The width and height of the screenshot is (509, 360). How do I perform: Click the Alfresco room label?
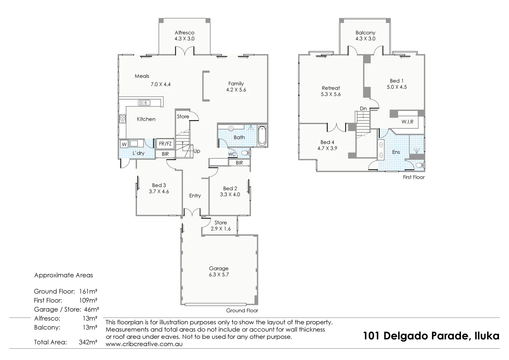(x=184, y=33)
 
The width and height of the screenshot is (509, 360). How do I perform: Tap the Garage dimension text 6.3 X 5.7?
(x=219, y=275)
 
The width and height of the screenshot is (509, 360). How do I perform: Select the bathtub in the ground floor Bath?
(x=262, y=135)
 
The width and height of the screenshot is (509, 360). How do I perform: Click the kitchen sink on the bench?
(x=144, y=103)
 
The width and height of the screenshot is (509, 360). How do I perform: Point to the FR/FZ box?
(x=165, y=144)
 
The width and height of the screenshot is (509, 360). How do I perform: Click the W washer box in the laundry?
(x=124, y=144)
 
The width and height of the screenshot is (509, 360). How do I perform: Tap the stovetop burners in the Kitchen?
(x=122, y=118)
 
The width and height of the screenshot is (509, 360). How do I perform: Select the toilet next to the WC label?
(x=246, y=153)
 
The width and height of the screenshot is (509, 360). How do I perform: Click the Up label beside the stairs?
(x=197, y=151)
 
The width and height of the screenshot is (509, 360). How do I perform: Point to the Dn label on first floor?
(x=363, y=108)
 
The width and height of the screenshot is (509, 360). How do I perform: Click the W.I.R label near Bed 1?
(x=407, y=122)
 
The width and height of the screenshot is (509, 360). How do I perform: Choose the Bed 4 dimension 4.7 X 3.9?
(x=327, y=148)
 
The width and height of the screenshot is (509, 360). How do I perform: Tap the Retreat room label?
(x=331, y=88)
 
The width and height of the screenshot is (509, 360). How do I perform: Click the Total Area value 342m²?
(x=88, y=342)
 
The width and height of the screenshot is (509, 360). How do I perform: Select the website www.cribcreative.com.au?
(x=144, y=344)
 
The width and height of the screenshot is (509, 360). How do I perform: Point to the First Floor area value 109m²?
(x=88, y=300)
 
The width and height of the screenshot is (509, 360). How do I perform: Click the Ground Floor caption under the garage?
(x=242, y=310)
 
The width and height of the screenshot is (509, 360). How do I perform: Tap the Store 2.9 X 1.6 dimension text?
(x=220, y=229)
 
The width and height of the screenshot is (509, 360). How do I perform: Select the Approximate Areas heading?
(x=63, y=275)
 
